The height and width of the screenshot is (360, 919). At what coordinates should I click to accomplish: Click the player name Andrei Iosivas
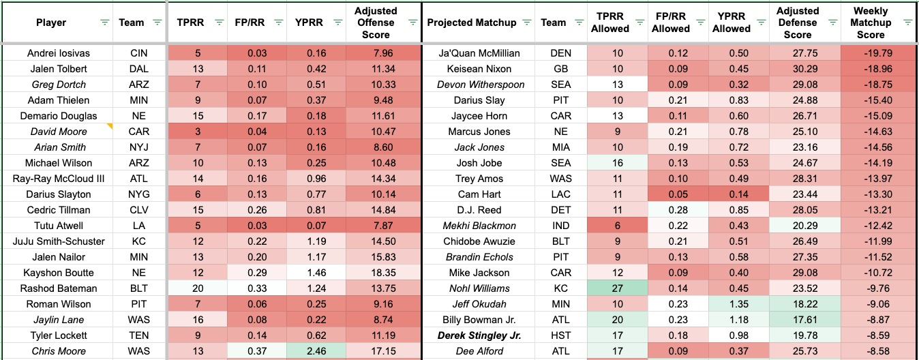(58, 53)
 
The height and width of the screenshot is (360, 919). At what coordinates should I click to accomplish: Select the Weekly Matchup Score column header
(870, 22)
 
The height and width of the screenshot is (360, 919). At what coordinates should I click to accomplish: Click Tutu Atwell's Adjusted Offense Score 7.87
(384, 226)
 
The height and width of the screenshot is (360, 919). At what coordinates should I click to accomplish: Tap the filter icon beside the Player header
(104, 22)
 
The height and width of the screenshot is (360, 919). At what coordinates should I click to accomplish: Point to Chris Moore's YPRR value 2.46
(316, 351)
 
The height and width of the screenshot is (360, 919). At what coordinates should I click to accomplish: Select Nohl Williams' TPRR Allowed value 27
(609, 288)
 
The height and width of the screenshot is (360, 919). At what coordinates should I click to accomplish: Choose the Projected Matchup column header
(472, 22)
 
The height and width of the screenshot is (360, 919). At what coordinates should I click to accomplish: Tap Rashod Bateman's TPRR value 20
(196, 288)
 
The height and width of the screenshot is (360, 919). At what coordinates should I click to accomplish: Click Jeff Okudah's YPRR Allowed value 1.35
(731, 304)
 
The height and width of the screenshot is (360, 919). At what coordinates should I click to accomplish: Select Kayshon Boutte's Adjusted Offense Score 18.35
(384, 273)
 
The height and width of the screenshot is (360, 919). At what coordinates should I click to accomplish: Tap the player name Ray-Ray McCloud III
(58, 179)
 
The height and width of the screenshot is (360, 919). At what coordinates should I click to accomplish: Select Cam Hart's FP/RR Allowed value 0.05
(670, 194)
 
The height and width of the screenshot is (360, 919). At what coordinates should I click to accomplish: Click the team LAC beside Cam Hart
(553, 194)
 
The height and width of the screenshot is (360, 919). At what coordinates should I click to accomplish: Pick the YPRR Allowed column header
(731, 22)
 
